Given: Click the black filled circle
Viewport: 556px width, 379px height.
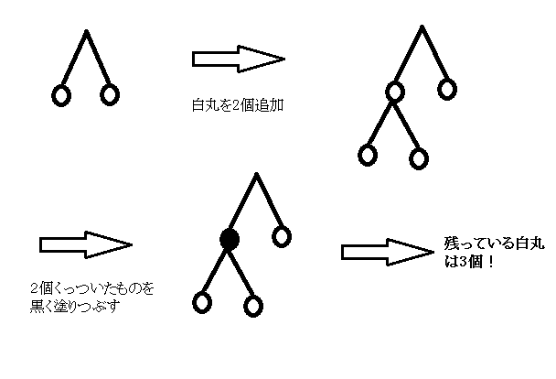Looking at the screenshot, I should (x=230, y=239).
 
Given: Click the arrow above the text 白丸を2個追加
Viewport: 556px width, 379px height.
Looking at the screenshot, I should (x=238, y=60).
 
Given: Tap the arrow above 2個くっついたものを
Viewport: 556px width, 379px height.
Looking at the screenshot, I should (x=86, y=245).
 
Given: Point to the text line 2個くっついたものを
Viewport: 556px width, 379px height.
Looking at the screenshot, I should (x=92, y=289).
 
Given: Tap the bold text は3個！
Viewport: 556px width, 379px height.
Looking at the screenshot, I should (x=465, y=264).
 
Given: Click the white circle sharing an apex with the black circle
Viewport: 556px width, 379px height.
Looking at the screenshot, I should (x=282, y=237).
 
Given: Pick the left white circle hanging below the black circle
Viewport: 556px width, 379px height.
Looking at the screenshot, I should (x=201, y=301).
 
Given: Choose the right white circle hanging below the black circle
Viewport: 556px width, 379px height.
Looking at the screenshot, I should (x=253, y=305).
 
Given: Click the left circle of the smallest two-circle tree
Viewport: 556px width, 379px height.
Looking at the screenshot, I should (x=61, y=94).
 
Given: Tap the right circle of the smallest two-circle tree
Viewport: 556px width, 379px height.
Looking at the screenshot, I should (x=110, y=93).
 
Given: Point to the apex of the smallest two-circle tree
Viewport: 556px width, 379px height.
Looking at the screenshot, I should (x=85, y=32).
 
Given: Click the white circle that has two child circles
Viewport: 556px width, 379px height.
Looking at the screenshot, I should (x=395, y=92).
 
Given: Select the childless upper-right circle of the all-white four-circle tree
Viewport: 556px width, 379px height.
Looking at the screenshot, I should (x=446, y=89).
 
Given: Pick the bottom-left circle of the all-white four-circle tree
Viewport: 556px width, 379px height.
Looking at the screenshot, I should (x=368, y=154).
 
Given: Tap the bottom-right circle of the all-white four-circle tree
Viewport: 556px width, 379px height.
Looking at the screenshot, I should (x=418, y=158).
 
